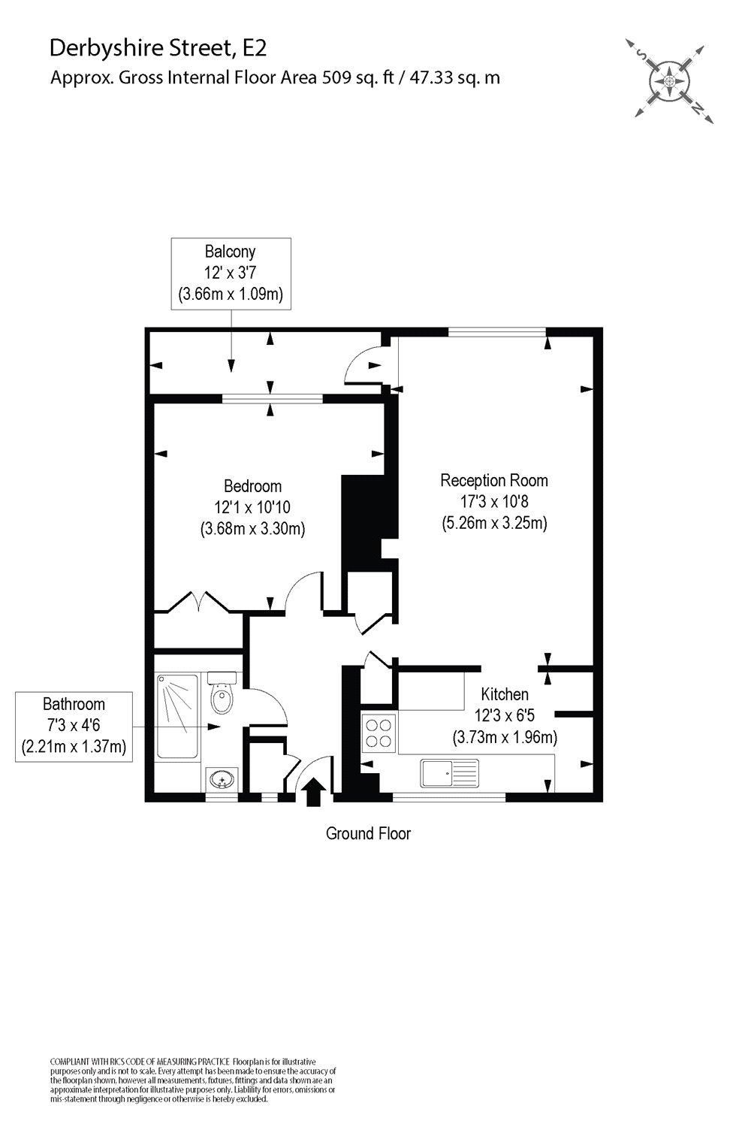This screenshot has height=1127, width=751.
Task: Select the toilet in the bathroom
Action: point(222,696)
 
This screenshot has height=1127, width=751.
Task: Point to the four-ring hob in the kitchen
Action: point(379,732)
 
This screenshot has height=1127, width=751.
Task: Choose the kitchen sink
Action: point(449,772)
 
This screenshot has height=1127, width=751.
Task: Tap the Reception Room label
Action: point(494,480)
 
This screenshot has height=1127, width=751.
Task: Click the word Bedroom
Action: point(253,486)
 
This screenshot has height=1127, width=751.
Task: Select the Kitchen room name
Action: point(505,694)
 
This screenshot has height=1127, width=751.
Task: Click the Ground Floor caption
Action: point(368,833)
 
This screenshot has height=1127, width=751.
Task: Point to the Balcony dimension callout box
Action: point(231,273)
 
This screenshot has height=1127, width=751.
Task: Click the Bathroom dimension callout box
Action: point(74,727)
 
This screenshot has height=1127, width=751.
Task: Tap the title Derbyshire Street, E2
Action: point(158,49)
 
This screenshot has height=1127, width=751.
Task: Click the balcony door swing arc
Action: point(360,366)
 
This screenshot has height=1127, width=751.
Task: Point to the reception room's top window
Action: point(497,331)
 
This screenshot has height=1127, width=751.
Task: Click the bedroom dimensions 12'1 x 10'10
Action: point(252,507)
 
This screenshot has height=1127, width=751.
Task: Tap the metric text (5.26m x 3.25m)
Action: point(494,522)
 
